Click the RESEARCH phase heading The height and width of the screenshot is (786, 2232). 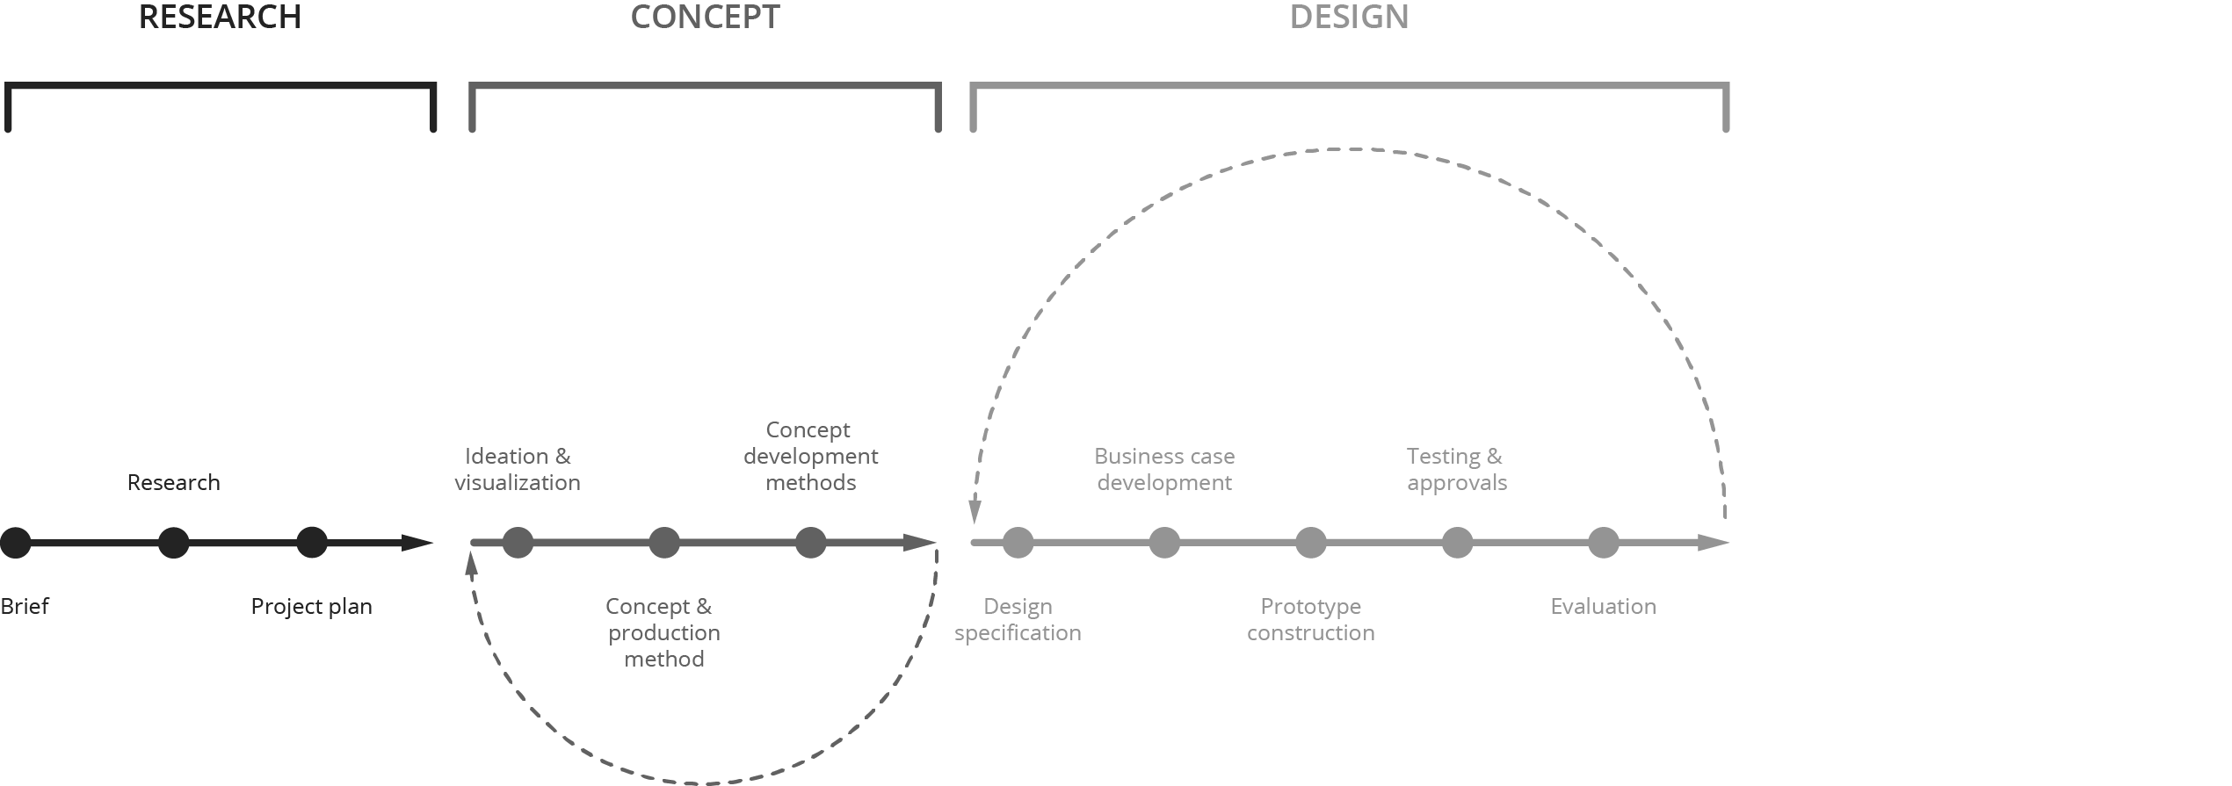pyautogui.click(x=220, y=18)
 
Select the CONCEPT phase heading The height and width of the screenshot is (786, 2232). pyautogui.click(x=705, y=18)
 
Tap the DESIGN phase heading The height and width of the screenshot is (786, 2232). pyautogui.click(x=1349, y=18)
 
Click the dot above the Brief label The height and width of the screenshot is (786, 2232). pyautogui.click(x=15, y=543)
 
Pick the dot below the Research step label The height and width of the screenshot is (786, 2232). pyautogui.click(x=173, y=543)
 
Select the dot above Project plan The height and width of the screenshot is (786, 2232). pyautogui.click(x=312, y=543)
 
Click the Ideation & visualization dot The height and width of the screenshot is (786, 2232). pyautogui.click(x=518, y=543)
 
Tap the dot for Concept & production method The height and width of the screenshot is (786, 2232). pyautogui.click(x=664, y=543)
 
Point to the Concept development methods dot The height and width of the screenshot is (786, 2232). pyautogui.click(x=810, y=543)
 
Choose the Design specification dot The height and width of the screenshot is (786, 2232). pyautogui.click(x=1018, y=543)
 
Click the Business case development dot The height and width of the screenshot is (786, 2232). pyautogui.click(x=1164, y=543)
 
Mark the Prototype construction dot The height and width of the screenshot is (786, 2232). pyautogui.click(x=1310, y=543)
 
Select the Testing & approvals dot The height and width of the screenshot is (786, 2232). pyautogui.click(x=1457, y=543)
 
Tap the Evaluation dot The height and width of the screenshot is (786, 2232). pyautogui.click(x=1604, y=543)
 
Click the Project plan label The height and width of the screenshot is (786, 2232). pyautogui.click(x=312, y=607)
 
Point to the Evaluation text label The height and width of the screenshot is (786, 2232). pyautogui.click(x=1604, y=606)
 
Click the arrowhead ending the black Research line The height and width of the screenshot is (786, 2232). pyautogui.click(x=417, y=543)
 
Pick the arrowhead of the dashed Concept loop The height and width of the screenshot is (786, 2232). pyautogui.click(x=472, y=564)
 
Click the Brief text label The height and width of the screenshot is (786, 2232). pyautogui.click(x=25, y=606)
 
